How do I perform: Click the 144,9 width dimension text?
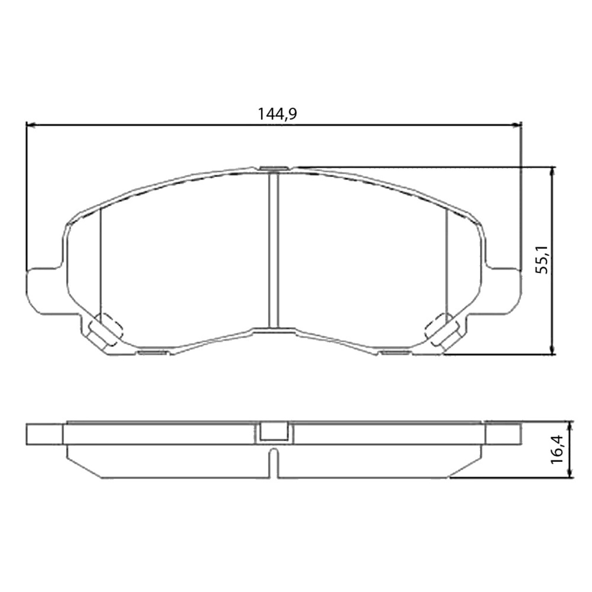(x=277, y=114)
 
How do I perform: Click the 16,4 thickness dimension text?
(x=556, y=449)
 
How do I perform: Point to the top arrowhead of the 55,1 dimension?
(x=553, y=171)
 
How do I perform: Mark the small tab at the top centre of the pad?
(x=273, y=169)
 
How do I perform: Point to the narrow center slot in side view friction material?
(x=273, y=462)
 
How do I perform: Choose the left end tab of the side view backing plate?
(x=44, y=434)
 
